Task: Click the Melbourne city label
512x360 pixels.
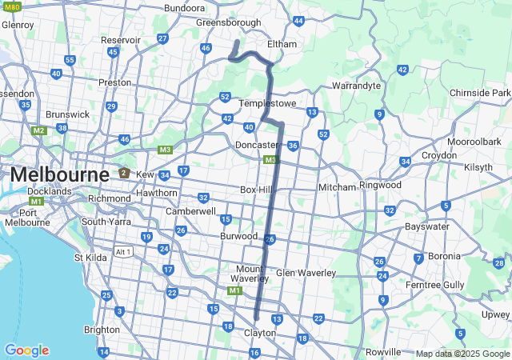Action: tap(59, 174)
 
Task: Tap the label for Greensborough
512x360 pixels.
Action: tap(229, 23)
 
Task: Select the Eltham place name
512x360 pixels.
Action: tap(282, 44)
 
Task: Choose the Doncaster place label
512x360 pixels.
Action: tap(256, 145)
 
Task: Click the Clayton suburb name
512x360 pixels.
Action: tap(260, 332)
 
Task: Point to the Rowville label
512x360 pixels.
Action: tap(382, 352)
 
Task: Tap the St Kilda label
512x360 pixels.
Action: tap(90, 258)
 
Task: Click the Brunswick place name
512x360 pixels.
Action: tap(68, 114)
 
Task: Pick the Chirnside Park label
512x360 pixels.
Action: tap(480, 93)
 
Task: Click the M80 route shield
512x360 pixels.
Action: tap(11, 6)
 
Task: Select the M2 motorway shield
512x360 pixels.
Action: tap(39, 130)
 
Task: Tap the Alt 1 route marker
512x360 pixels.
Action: tap(123, 252)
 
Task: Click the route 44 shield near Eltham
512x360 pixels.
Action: tap(298, 21)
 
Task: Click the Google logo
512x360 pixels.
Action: tap(26, 350)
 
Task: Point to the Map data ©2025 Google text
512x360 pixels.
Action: tap(462, 354)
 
